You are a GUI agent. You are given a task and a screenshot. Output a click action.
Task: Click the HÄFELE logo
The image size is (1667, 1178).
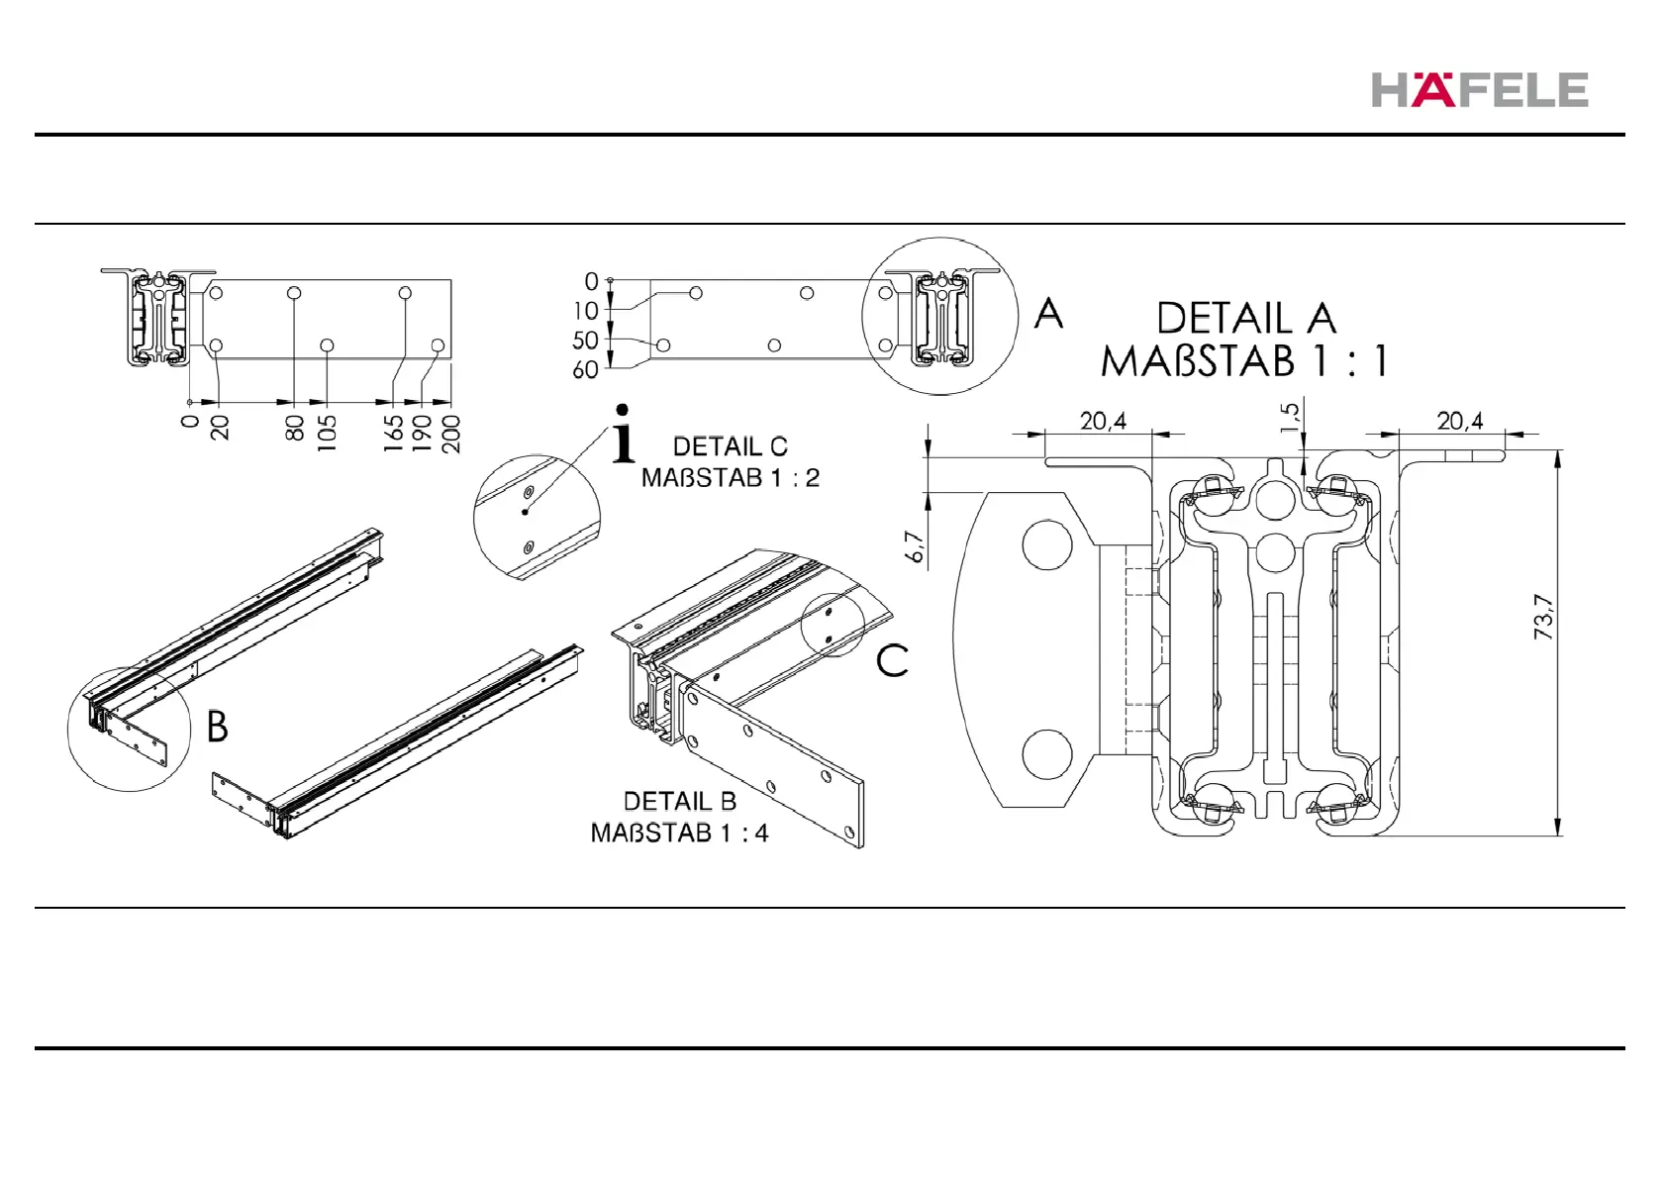1480,89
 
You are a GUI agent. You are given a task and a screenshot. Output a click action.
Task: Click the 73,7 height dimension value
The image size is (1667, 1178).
1543,617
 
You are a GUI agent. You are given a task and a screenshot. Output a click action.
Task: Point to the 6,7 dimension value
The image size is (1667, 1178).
915,546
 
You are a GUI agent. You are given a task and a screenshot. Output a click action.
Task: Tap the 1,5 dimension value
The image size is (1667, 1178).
1290,417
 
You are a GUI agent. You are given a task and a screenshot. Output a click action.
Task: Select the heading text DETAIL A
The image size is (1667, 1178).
1246,319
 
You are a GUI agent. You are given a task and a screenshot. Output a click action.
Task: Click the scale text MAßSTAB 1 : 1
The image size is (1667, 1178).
1243,361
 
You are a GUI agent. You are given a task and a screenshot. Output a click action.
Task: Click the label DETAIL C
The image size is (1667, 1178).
731,446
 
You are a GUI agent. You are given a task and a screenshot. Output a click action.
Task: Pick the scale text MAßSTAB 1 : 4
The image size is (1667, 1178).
679,833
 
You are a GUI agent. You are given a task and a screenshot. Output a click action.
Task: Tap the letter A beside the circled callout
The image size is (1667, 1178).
1048,313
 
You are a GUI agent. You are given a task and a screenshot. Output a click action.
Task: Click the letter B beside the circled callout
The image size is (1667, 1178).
218,727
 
